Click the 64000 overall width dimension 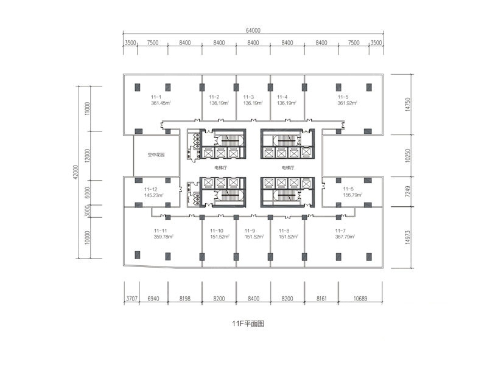[x=253, y=30]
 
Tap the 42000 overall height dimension [x=75, y=172]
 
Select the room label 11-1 [x=156, y=97]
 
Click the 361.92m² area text [x=347, y=103]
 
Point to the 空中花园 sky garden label [x=156, y=155]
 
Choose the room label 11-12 [x=150, y=189]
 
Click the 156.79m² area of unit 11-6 [x=353, y=195]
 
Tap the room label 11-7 [x=340, y=231]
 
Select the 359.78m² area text [x=163, y=237]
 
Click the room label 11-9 [x=250, y=231]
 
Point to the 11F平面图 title [x=248, y=324]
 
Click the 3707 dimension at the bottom [x=131, y=299]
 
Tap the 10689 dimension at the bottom [x=360, y=299]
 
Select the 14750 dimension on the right [x=408, y=104]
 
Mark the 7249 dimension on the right [x=408, y=191]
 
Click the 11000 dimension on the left [x=87, y=109]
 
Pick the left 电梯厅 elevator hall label [x=221, y=168]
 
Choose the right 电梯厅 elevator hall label [x=288, y=168]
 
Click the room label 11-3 [x=248, y=97]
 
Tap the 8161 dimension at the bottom [x=321, y=299]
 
